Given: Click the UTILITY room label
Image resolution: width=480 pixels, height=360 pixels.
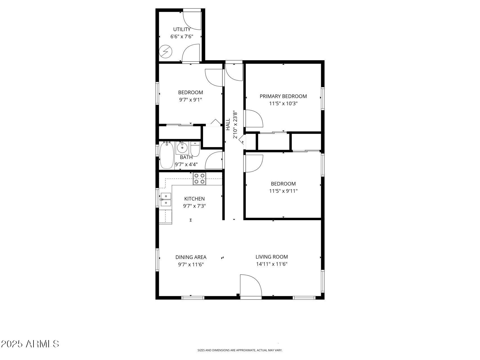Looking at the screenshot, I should (182, 29).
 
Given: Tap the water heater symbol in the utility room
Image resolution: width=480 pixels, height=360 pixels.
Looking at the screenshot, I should (165, 52).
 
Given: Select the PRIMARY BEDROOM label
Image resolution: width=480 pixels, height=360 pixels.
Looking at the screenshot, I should (283, 96).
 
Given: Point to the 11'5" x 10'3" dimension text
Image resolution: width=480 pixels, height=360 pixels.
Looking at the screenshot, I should (283, 103).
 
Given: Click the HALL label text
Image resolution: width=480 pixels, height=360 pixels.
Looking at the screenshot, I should (228, 124).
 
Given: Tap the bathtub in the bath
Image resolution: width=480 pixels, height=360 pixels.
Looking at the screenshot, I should (167, 156).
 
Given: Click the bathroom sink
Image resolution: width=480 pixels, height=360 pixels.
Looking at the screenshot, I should (182, 147).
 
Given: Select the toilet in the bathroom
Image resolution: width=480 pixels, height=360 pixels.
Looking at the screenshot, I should (195, 149).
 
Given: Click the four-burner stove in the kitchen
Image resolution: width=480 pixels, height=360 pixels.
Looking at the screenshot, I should (199, 179).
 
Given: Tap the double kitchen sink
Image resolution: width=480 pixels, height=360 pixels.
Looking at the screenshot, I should (166, 199).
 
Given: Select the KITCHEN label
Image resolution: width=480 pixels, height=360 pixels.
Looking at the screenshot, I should (194, 199).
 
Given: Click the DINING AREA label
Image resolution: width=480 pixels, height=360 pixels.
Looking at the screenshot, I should (191, 257).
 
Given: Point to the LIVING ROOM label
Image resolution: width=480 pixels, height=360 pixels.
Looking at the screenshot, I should (272, 257).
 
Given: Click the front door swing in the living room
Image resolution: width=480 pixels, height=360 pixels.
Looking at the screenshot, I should (250, 285).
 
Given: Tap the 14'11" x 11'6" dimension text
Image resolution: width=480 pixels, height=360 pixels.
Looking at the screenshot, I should (272, 264).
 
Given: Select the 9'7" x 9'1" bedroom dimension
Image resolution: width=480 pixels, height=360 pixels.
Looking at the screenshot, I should (191, 100).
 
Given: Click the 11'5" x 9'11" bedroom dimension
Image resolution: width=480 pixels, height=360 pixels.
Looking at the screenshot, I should (283, 191).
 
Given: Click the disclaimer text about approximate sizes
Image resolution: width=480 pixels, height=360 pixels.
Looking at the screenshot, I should (240, 350).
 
